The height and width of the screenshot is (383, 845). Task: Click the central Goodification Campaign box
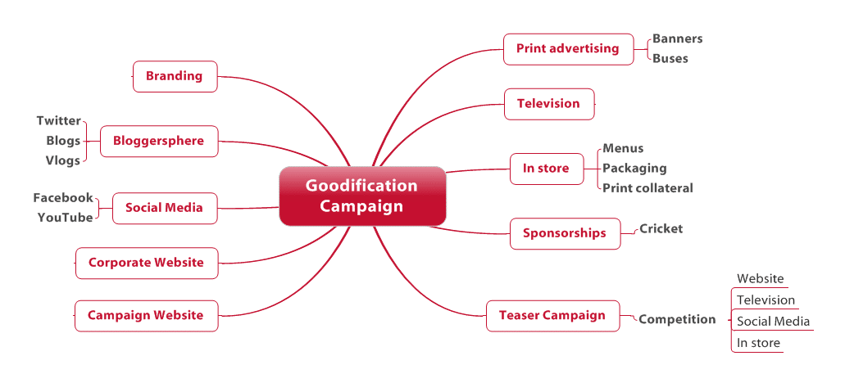pyautogui.click(x=362, y=196)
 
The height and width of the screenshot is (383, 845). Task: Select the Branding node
pyautogui.click(x=175, y=76)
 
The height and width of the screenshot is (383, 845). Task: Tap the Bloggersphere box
pyautogui.click(x=159, y=141)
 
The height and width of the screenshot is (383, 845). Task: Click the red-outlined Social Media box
pyautogui.click(x=165, y=208)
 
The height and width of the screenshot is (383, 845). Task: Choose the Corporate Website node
pyautogui.click(x=147, y=263)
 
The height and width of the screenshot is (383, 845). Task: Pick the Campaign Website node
pyautogui.click(x=146, y=316)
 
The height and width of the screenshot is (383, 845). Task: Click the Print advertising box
pyautogui.click(x=568, y=49)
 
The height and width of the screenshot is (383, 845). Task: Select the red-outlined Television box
pyautogui.click(x=548, y=104)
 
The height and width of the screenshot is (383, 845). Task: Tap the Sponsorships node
pyautogui.click(x=565, y=233)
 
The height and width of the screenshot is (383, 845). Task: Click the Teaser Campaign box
pyautogui.click(x=552, y=316)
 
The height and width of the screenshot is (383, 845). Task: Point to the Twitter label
pyautogui.click(x=59, y=120)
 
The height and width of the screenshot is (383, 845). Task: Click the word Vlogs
pyautogui.click(x=63, y=160)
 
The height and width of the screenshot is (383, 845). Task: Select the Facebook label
pyautogui.click(x=63, y=198)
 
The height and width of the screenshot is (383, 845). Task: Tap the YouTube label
pyautogui.click(x=66, y=218)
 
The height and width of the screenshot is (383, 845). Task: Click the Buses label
pyautogui.click(x=670, y=59)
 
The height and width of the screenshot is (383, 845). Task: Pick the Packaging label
pyautogui.click(x=634, y=169)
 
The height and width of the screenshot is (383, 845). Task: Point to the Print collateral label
pyautogui.click(x=647, y=188)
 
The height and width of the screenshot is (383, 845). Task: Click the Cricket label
pyautogui.click(x=661, y=228)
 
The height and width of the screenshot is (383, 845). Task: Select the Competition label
pyautogui.click(x=678, y=319)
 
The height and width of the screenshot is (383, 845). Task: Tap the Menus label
pyautogui.click(x=623, y=148)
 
